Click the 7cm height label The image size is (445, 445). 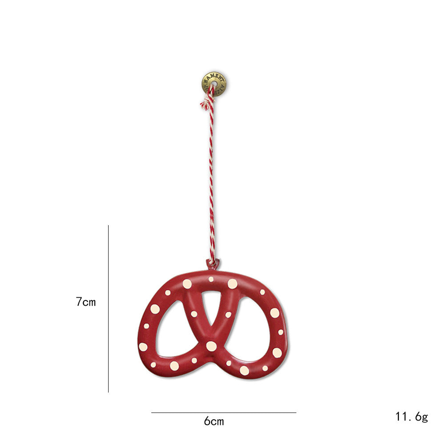(x=85, y=302)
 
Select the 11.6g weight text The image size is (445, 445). (x=411, y=417)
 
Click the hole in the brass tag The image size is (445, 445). (x=213, y=83)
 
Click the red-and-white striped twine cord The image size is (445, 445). (x=212, y=178)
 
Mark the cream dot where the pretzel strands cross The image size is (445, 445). (x=211, y=346)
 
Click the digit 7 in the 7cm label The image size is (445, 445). (x=79, y=302)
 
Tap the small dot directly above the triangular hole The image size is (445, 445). (x=211, y=279)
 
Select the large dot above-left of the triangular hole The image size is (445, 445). (x=187, y=283)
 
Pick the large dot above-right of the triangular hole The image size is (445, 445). (x=232, y=283)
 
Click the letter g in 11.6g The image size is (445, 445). (x=424, y=417)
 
